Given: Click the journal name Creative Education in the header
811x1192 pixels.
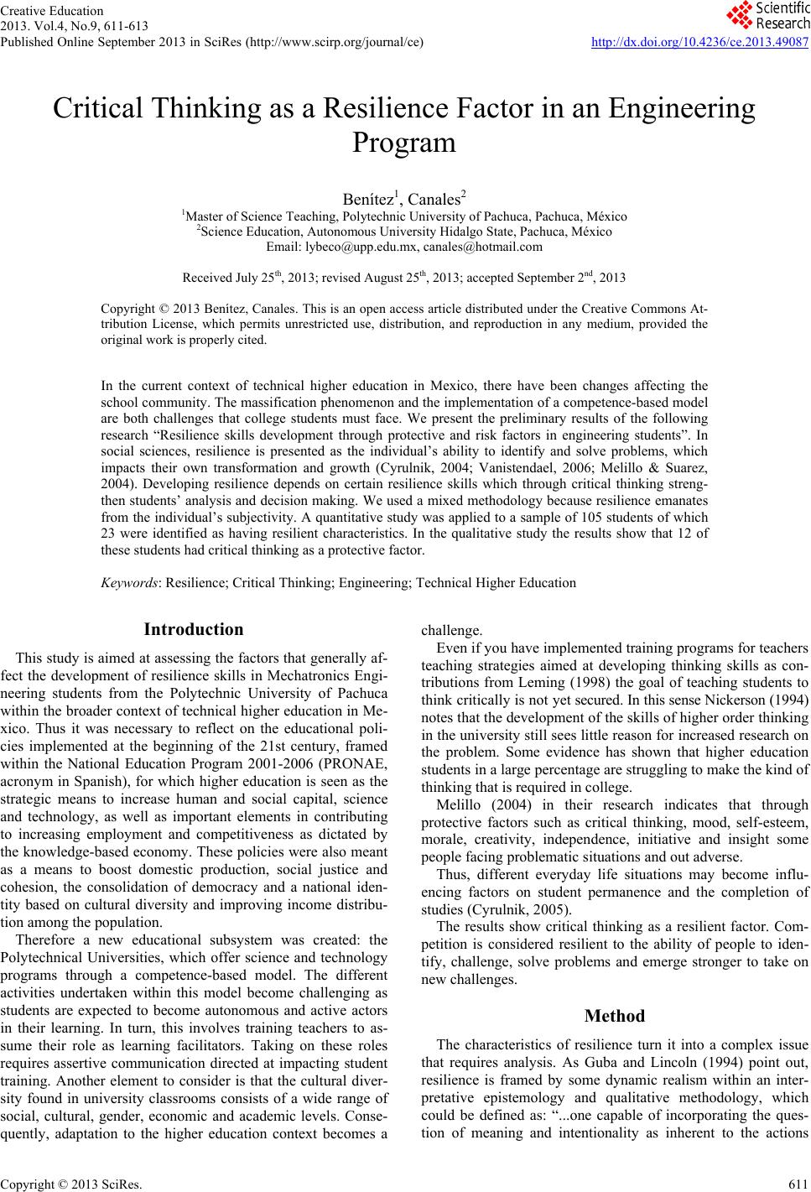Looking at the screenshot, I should [52, 11].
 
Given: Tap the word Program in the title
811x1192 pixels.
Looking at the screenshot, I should [404, 143].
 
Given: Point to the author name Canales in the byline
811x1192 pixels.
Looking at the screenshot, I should [434, 200].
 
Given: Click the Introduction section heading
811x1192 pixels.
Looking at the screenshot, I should [194, 629].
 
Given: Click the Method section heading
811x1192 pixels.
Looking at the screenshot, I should [614, 1016].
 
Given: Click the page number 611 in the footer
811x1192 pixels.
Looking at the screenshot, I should [799, 1184].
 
